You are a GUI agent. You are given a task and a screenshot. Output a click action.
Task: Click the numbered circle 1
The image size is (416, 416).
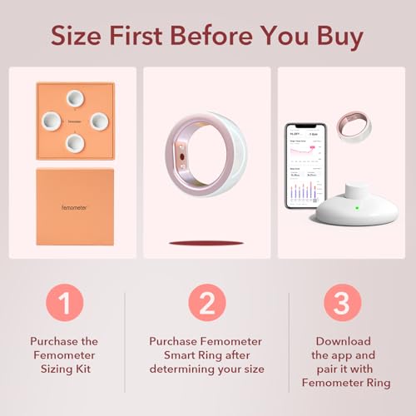(64, 301)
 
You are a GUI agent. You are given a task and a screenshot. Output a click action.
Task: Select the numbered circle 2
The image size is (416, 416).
(207, 301)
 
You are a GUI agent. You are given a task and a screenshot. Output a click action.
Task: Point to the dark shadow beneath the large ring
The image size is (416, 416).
(206, 243)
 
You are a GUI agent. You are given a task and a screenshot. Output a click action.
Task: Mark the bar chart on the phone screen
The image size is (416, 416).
(304, 191)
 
